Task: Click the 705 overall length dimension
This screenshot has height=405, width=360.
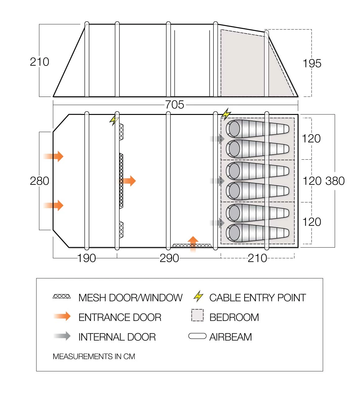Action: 174,105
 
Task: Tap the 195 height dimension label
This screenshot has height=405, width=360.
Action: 312,63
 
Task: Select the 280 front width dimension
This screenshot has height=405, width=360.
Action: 39,181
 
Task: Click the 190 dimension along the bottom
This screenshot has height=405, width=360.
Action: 86,258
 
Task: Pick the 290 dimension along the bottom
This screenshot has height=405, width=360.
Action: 169,258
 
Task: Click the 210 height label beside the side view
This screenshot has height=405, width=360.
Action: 39,62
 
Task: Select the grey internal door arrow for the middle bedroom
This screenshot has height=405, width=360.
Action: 218,181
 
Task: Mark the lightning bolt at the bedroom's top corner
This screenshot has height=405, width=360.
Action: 226,114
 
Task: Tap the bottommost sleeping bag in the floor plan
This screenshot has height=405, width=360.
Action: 258,233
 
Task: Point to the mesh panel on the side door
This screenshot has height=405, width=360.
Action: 191,246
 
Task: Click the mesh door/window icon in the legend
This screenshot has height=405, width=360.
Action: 62,297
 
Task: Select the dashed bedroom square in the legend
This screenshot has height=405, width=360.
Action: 197,315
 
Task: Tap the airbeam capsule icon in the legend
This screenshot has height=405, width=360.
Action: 197,336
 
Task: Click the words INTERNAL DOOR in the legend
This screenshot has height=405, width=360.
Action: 117,337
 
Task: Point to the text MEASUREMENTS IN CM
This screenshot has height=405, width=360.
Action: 94,357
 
